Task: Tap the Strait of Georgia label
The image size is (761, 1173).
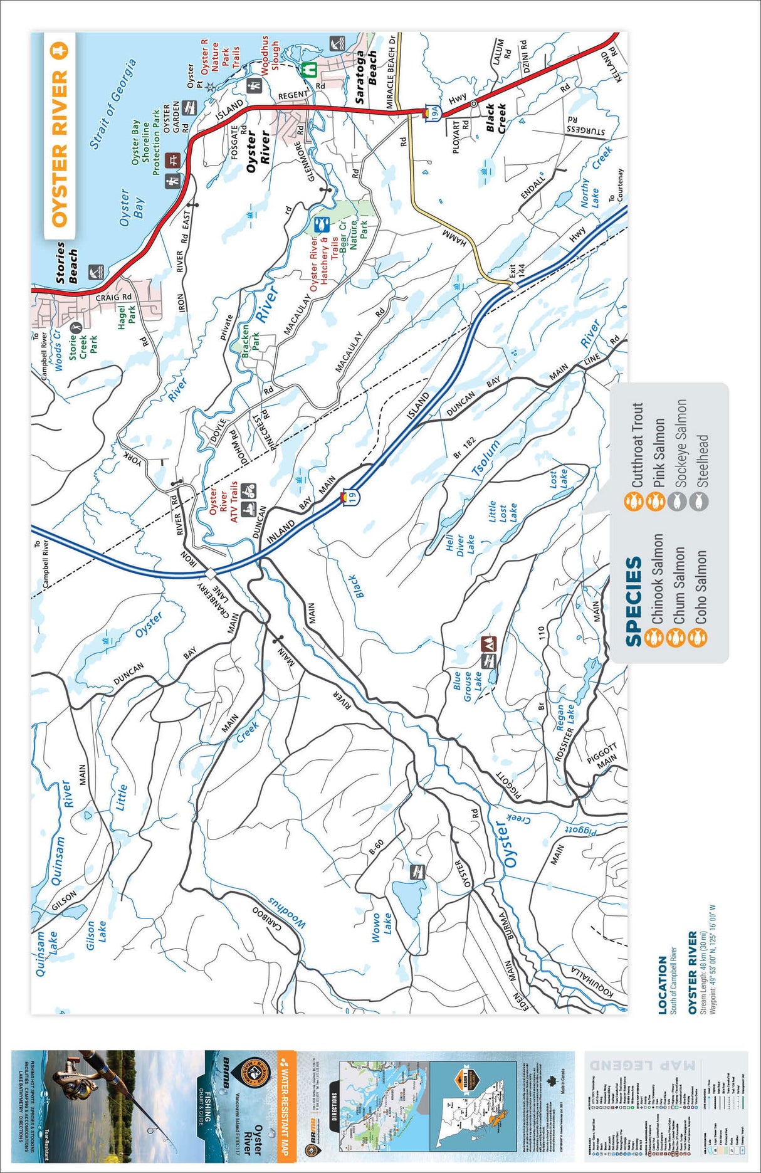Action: [x=113, y=104]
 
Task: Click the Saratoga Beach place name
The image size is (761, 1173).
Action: [x=366, y=76]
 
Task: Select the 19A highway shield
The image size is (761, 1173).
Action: [x=432, y=113]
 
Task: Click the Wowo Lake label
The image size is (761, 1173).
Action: [x=381, y=927]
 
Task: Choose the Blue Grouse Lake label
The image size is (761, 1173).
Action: [x=468, y=686]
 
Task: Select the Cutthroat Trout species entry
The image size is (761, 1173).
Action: [x=637, y=446]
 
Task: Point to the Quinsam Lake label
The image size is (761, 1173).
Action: [x=46, y=953]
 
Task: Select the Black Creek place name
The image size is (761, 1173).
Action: [x=495, y=118]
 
